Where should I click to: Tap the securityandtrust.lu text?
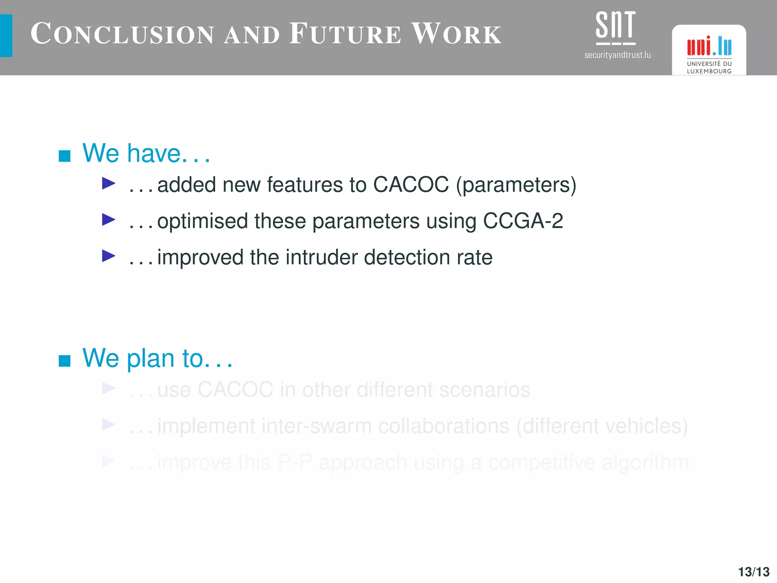(x=617, y=55)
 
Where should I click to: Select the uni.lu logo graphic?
(x=709, y=46)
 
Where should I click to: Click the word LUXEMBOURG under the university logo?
(x=709, y=71)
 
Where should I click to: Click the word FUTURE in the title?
(x=345, y=34)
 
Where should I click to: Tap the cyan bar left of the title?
(x=6, y=36)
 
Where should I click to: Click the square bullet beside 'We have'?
(x=64, y=156)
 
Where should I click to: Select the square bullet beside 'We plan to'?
(x=64, y=361)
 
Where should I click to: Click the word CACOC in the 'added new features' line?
(x=411, y=185)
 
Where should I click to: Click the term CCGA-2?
(x=523, y=221)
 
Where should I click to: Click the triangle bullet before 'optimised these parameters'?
(x=109, y=219)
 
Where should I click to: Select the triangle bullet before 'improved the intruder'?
(x=109, y=256)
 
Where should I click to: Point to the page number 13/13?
(x=753, y=572)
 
